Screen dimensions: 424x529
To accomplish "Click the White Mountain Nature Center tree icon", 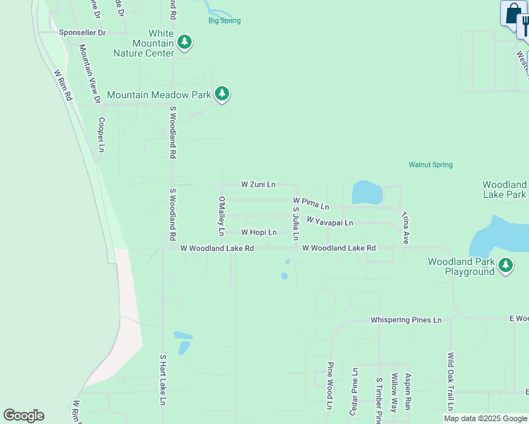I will click(185, 42).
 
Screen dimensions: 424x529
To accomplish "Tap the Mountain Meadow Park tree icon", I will click(222, 94).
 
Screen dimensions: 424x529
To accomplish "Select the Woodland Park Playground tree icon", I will click(505, 266).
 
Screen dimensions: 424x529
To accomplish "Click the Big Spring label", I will click(224, 20).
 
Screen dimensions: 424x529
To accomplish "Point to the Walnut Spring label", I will click(430, 165).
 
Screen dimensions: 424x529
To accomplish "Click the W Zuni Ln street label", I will click(257, 184).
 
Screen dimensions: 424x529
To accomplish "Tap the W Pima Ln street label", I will click(311, 204).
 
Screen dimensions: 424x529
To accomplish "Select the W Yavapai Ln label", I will click(330, 223).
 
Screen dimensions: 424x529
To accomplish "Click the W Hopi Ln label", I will click(258, 232).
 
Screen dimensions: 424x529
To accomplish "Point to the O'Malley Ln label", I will click(221, 216).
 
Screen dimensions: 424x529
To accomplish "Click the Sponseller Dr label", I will click(82, 33).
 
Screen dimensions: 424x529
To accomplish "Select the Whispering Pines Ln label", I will click(406, 320).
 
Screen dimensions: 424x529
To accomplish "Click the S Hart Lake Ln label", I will click(162, 379).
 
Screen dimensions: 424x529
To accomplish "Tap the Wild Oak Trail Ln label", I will click(450, 382).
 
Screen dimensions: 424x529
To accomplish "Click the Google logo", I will click(23, 416).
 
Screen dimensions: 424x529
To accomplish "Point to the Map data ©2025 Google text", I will click(485, 418).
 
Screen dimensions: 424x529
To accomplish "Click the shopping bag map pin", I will click(511, 14).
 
